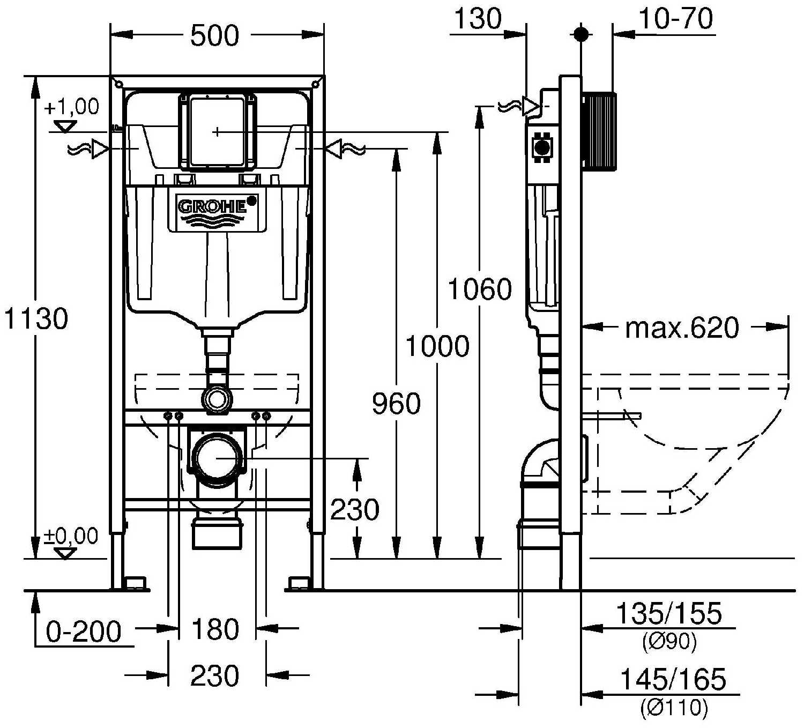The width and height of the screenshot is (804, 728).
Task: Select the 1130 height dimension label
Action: [36, 319]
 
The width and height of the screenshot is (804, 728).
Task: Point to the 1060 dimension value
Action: [480, 290]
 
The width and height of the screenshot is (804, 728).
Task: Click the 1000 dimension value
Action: [437, 346]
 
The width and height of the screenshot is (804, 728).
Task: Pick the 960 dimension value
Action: [396, 404]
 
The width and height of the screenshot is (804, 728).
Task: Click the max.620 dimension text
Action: [682, 328]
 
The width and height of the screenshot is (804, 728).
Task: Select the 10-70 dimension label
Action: [676, 20]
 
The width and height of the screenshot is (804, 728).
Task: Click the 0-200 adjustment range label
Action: [84, 632]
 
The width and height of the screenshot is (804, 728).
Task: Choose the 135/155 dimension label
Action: [669, 614]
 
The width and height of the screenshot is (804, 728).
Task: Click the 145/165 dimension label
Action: [673, 680]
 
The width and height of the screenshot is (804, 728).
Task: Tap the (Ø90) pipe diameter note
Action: [669, 642]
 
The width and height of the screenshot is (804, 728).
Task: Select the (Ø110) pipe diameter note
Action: [674, 708]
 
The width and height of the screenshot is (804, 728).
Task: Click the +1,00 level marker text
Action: [72, 107]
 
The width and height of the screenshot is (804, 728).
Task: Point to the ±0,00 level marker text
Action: [71, 536]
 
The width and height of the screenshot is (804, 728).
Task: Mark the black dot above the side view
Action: [580, 34]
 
